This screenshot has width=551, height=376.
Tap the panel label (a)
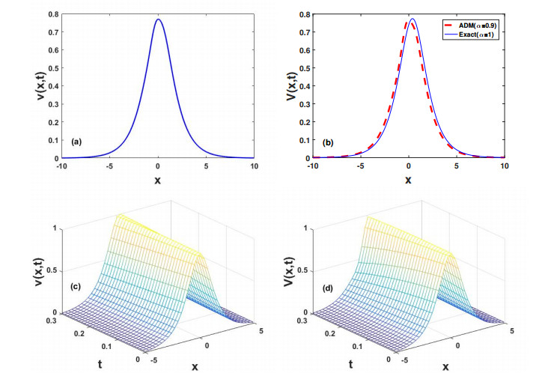(x=76, y=141)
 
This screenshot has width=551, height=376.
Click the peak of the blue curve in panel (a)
(x=159, y=20)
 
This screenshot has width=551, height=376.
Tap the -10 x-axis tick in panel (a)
(x=62, y=166)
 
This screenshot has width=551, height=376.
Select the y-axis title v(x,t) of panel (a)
(x=28, y=86)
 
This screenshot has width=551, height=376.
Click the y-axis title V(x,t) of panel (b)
(x=280, y=86)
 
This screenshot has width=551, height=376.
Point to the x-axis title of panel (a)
(x=158, y=180)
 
